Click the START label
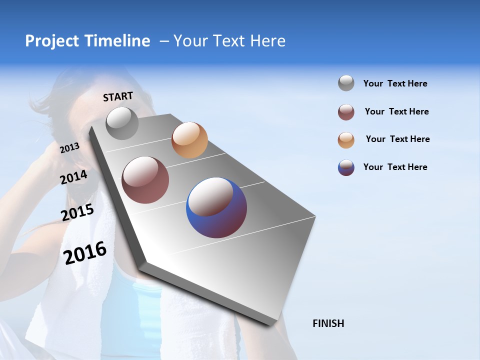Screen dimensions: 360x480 tap(118, 96)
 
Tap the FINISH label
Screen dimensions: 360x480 tap(328, 323)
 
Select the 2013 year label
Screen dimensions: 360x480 tap(70, 147)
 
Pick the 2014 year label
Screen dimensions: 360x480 tap(74, 177)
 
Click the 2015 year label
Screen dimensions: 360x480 tap(77, 212)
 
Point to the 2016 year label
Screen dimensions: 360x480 tap(85, 252)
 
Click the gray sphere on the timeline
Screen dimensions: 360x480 tap(122, 123)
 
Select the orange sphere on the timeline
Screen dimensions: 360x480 tap(189, 140)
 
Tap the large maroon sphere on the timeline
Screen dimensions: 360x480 tap(145, 180)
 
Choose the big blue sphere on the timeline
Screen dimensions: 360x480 tap(216, 207)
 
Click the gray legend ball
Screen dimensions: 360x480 tap(346, 83)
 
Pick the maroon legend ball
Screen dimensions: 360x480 tap(346, 112)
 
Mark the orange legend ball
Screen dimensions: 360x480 tap(346, 140)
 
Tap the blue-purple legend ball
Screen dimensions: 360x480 tap(346, 167)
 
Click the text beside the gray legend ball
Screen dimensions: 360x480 tap(395, 83)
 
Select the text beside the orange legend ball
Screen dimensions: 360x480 tap(397, 139)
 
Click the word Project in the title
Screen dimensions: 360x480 tap(52, 41)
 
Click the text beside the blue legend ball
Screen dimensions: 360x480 tap(395, 167)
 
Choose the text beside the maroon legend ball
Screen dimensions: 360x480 tap(396, 111)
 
